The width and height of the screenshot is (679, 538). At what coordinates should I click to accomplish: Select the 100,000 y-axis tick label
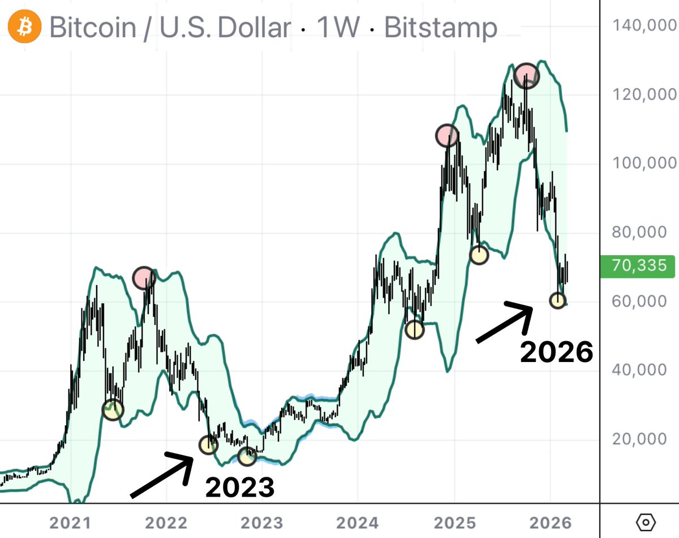tap(644, 163)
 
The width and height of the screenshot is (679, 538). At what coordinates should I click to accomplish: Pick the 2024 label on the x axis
tap(357, 522)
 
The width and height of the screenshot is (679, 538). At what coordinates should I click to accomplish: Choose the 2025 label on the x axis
tap(453, 522)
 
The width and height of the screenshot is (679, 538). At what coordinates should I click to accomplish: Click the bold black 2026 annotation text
tap(556, 352)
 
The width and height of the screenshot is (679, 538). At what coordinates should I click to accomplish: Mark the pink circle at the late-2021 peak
tap(144, 277)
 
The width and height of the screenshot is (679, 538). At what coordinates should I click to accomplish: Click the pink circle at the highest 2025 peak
tap(527, 76)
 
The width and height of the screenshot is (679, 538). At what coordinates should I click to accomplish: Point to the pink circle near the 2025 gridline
tap(446, 135)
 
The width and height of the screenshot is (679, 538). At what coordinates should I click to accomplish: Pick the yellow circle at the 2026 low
tap(558, 300)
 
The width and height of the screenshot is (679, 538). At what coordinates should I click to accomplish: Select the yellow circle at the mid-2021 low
tap(113, 410)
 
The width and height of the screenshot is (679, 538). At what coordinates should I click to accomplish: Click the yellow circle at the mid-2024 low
tap(415, 329)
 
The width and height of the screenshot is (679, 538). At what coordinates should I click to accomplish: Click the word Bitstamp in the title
tap(441, 28)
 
